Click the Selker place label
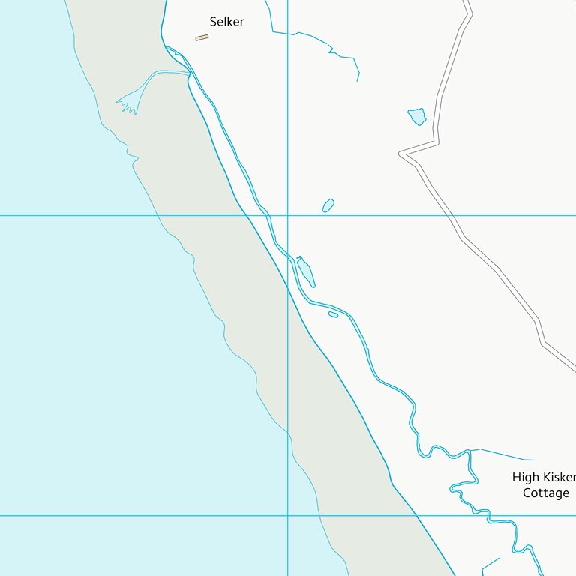coord(226,22)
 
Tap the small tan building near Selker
coord(202,37)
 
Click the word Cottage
coord(545,493)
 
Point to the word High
coord(525,477)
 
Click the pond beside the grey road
coord(417,116)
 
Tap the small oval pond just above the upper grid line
coord(328,205)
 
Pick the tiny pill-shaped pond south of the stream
coord(333,314)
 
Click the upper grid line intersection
coord(287,215)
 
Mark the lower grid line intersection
coord(287,515)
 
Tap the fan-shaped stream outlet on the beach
coord(129,103)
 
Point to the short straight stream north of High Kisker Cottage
coord(506,454)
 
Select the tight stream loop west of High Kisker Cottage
coord(459,487)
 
